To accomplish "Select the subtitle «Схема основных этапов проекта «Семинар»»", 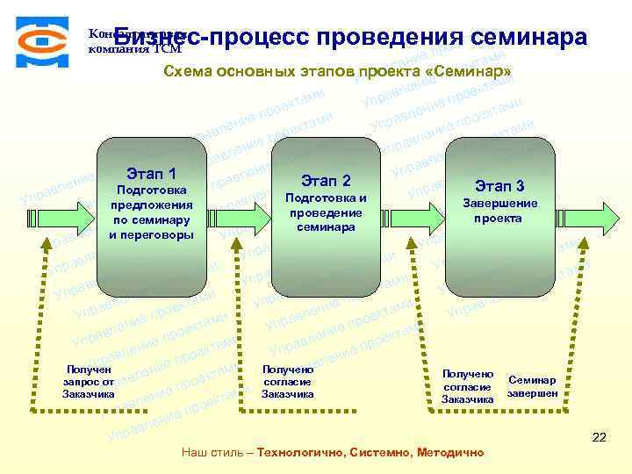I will coord(337,72).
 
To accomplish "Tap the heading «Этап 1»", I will coord(151,173).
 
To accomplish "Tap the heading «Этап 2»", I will coord(326,181).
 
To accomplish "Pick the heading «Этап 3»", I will coord(499,186).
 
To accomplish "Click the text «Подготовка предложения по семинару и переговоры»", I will coord(151,212).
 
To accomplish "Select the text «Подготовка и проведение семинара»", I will coord(326,212).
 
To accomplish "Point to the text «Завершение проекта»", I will coord(499,210).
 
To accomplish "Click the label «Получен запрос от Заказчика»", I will coord(89,382).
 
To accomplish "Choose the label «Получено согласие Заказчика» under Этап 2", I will coord(288,382).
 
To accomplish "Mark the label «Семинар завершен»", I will coord(532,387).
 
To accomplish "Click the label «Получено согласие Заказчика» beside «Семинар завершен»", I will coord(467,386).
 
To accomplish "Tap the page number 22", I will coord(600,436).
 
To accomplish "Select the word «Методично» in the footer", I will coord(448,453).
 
